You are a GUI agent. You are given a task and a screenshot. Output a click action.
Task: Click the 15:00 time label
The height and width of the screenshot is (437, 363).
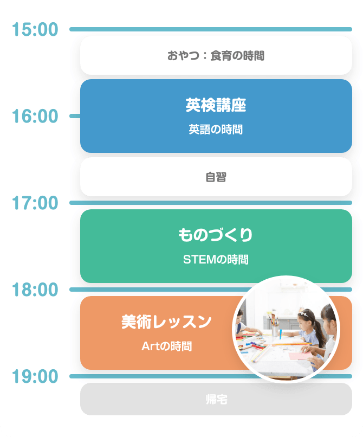[35, 30]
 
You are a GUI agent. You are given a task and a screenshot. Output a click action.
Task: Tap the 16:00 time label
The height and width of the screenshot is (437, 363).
[35, 117]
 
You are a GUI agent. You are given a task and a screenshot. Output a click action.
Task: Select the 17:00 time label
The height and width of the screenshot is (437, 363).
[35, 203]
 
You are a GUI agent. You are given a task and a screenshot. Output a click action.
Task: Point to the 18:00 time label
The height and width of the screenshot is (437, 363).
[35, 290]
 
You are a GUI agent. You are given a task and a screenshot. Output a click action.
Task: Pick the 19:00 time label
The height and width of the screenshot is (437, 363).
[35, 376]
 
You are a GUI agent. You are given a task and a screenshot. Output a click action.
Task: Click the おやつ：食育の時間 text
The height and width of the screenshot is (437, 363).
[216, 55]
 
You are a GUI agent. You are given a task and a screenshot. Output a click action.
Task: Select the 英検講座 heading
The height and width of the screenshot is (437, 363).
[216, 106]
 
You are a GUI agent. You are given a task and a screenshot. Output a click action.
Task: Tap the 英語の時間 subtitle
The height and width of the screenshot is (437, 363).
[216, 130]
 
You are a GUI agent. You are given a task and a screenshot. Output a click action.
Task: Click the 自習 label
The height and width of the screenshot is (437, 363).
[216, 177]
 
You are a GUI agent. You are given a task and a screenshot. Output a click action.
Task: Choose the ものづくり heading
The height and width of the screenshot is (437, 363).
[216, 235]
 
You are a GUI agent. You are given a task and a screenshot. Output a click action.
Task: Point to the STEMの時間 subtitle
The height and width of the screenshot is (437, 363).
[216, 260]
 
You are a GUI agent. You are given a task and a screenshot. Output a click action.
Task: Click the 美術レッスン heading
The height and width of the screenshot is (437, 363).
[166, 322]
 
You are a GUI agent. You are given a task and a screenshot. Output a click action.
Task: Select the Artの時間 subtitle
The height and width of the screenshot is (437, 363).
[166, 346]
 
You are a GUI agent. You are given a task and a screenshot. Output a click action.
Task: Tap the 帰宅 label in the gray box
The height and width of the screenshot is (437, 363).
[216, 400]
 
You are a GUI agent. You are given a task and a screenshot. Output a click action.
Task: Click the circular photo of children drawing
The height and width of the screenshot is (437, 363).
[286, 329]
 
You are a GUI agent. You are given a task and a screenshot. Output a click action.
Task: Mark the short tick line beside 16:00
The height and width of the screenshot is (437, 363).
[75, 116]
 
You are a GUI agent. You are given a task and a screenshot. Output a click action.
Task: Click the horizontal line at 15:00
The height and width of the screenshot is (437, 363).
[211, 29]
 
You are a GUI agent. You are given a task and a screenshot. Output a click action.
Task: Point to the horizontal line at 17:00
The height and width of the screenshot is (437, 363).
[211, 203]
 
